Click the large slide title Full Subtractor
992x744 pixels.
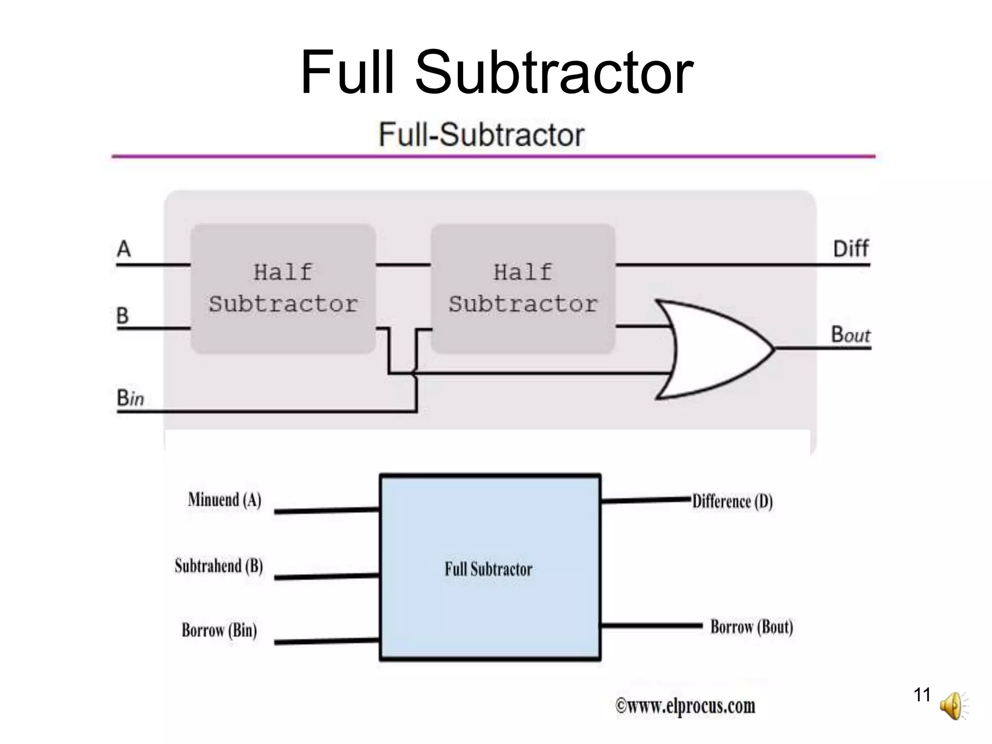[496, 73]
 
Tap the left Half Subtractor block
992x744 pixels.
[283, 289]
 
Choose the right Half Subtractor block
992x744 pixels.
[523, 289]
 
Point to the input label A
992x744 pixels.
[124, 249]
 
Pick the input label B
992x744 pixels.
[123, 316]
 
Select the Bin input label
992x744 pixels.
[130, 398]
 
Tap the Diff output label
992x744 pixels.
[851, 249]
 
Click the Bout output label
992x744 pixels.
[851, 334]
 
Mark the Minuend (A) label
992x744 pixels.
[225, 499]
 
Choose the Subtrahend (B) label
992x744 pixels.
[219, 566]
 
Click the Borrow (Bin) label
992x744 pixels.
[219, 630]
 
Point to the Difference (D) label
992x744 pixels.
[732, 501]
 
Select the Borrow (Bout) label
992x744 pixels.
[752, 627]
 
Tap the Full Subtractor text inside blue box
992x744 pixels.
[489, 569]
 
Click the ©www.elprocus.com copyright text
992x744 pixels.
[685, 706]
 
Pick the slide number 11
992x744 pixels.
[922, 695]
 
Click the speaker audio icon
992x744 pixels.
[952, 706]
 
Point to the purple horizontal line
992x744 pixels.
[493, 156]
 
